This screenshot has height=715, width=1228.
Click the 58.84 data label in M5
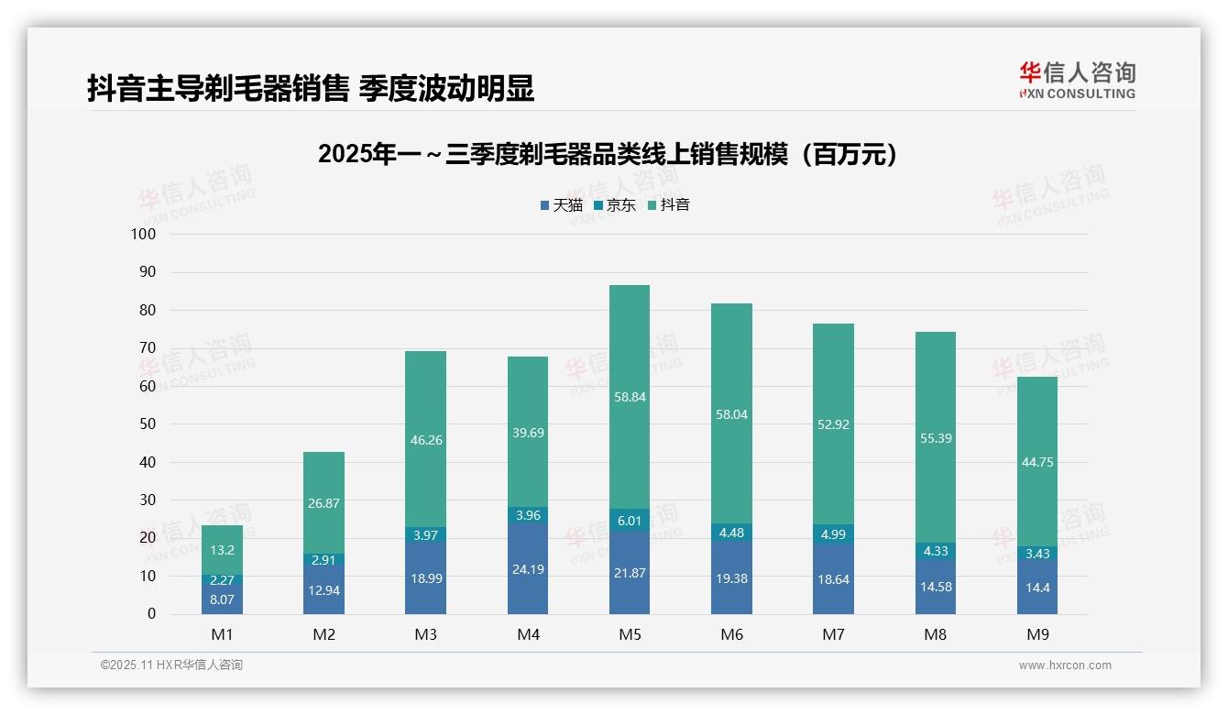(x=629, y=398)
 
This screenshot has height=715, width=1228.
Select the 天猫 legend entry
(x=561, y=205)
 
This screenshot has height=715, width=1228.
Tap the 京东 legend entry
(x=614, y=205)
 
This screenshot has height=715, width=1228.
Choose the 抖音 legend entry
(x=668, y=205)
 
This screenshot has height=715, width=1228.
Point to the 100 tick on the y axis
(x=144, y=234)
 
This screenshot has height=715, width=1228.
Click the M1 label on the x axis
(x=222, y=634)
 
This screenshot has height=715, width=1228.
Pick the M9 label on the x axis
(x=1036, y=634)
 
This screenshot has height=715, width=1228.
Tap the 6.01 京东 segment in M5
(x=629, y=520)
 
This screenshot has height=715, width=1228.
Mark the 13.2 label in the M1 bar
(x=222, y=550)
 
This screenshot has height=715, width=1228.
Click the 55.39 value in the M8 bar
(x=935, y=438)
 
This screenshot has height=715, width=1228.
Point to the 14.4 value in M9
(x=1036, y=588)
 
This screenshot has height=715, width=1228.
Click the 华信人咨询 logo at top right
(x=1077, y=80)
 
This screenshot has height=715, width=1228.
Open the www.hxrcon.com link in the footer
(x=1064, y=665)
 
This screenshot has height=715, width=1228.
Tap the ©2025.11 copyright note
(x=171, y=665)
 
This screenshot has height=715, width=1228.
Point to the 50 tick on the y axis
(x=147, y=424)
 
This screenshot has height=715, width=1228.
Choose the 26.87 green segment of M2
(x=323, y=502)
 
